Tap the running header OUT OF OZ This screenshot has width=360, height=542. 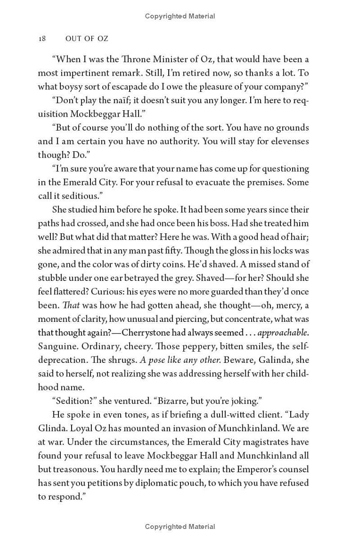pos(87,39)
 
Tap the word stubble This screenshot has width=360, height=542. pos(52,278)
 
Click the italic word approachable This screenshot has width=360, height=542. pos(282,333)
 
